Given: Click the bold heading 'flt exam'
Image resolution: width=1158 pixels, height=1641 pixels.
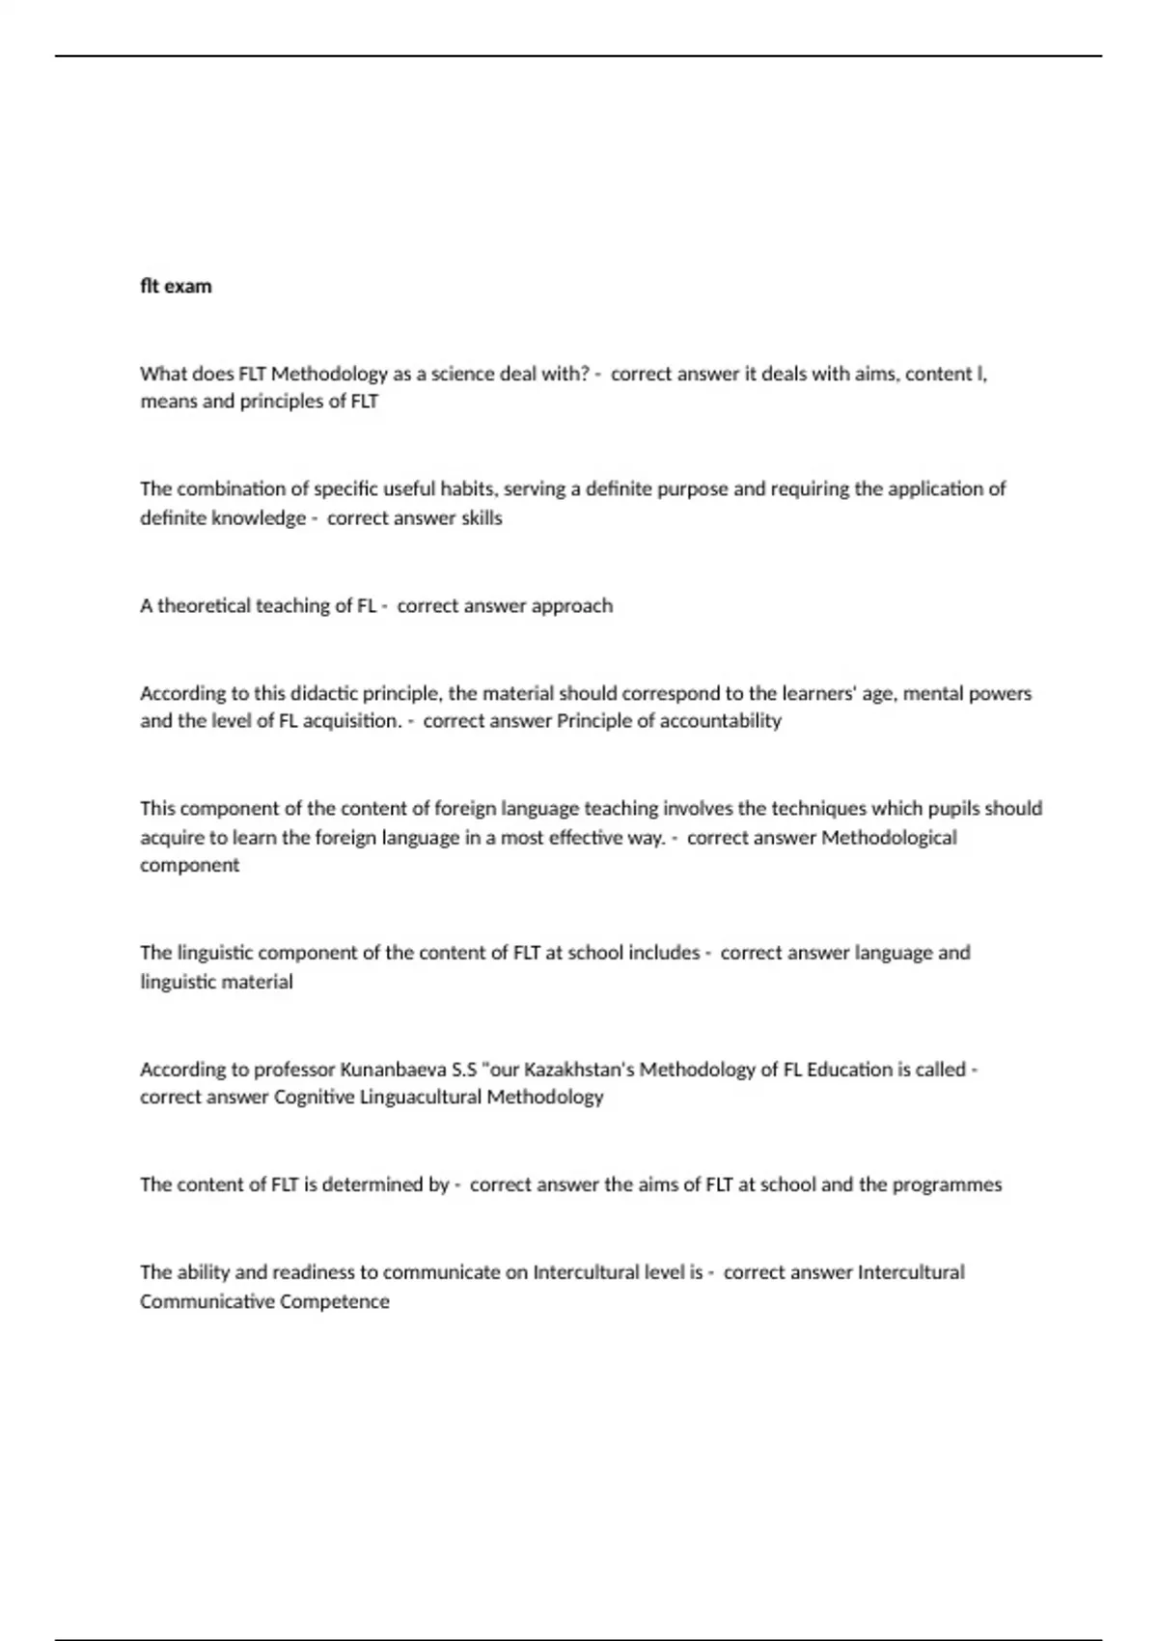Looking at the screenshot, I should click(176, 287).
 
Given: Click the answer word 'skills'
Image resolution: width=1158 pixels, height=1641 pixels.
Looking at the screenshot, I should click(482, 518).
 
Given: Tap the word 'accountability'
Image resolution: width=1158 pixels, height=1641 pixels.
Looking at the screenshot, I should click(720, 721).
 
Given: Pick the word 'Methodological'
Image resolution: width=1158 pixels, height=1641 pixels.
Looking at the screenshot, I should click(889, 838).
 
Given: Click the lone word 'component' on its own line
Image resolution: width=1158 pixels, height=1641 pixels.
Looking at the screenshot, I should click(189, 866).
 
